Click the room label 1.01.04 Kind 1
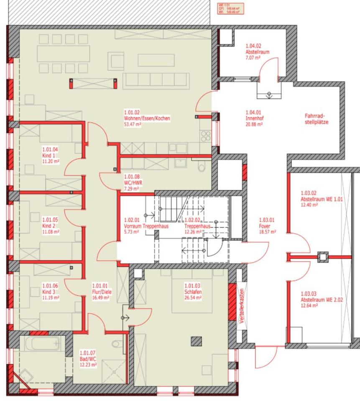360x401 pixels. [51, 155]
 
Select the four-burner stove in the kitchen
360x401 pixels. [206, 136]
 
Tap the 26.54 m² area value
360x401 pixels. [193, 298]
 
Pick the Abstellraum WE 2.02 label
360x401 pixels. [322, 299]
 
